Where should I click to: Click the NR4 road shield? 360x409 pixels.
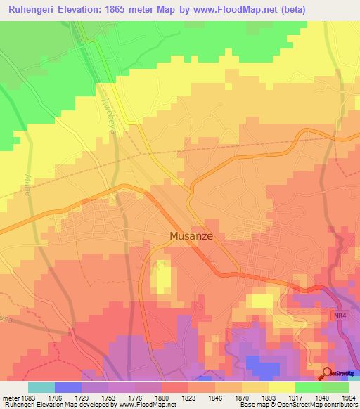[x=339, y=318]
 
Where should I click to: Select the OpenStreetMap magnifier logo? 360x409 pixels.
[x=328, y=374]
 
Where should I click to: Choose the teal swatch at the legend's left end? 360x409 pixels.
[x=41, y=387]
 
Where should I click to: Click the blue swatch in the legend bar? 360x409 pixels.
[x=67, y=387]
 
